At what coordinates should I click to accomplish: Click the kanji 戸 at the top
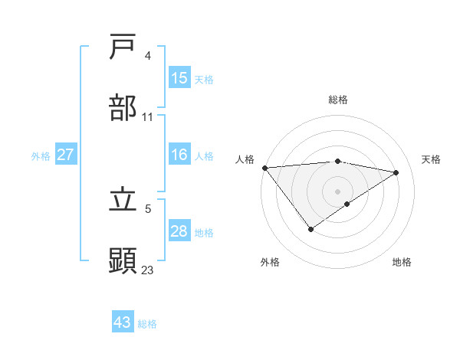click(x=123, y=47)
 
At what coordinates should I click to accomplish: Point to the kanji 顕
click(x=123, y=261)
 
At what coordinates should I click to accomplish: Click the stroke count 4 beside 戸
click(x=148, y=56)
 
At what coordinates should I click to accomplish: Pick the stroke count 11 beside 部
click(x=148, y=117)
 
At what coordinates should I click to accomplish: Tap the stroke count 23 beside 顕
click(x=148, y=270)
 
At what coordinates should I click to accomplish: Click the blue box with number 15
click(x=179, y=78)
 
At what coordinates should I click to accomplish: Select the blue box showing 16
click(x=179, y=155)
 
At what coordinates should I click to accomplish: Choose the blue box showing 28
click(x=179, y=231)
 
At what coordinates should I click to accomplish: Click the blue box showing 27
click(x=66, y=155)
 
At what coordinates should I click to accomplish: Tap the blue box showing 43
click(x=123, y=322)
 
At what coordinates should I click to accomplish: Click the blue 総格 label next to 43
click(x=148, y=324)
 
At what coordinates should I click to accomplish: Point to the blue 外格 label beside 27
click(x=41, y=155)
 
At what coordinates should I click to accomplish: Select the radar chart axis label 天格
click(x=432, y=159)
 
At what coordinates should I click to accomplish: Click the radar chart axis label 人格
click(x=245, y=159)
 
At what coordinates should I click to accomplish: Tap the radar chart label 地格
click(x=402, y=262)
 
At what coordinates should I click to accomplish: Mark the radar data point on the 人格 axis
click(x=264, y=168)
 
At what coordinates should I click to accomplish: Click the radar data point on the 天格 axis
click(x=396, y=172)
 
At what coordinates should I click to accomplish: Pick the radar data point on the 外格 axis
click(x=310, y=229)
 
